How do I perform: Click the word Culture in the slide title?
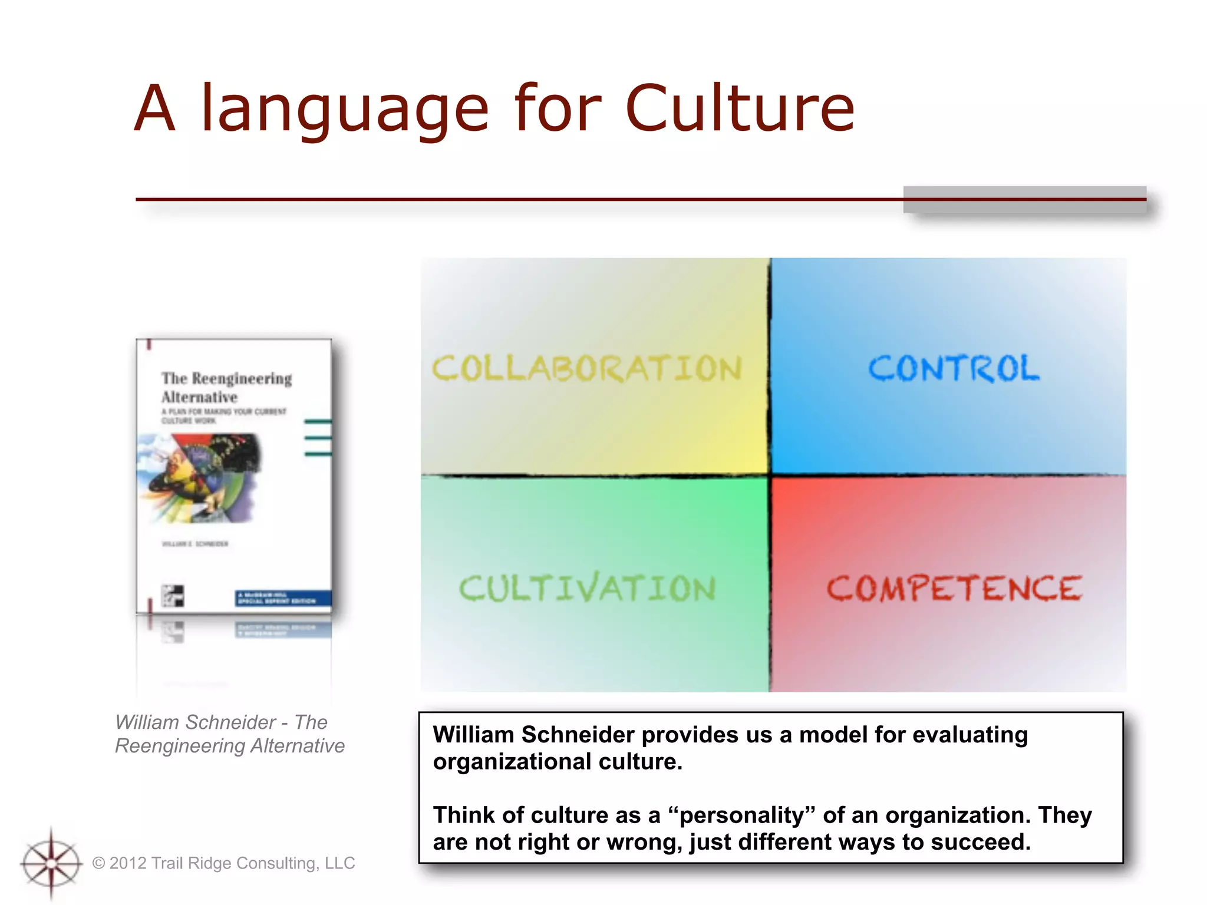click(739, 109)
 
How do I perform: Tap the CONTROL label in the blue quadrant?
click(954, 369)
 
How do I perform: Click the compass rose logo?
click(51, 864)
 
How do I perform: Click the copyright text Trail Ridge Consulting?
click(224, 863)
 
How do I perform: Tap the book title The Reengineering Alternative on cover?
click(226, 387)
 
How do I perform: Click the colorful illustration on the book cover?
click(200, 477)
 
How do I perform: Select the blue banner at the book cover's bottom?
click(283, 598)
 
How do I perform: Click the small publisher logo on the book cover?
click(173, 596)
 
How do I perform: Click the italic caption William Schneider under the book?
click(230, 734)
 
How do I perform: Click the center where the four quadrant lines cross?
click(770, 475)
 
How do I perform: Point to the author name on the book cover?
click(195, 544)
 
